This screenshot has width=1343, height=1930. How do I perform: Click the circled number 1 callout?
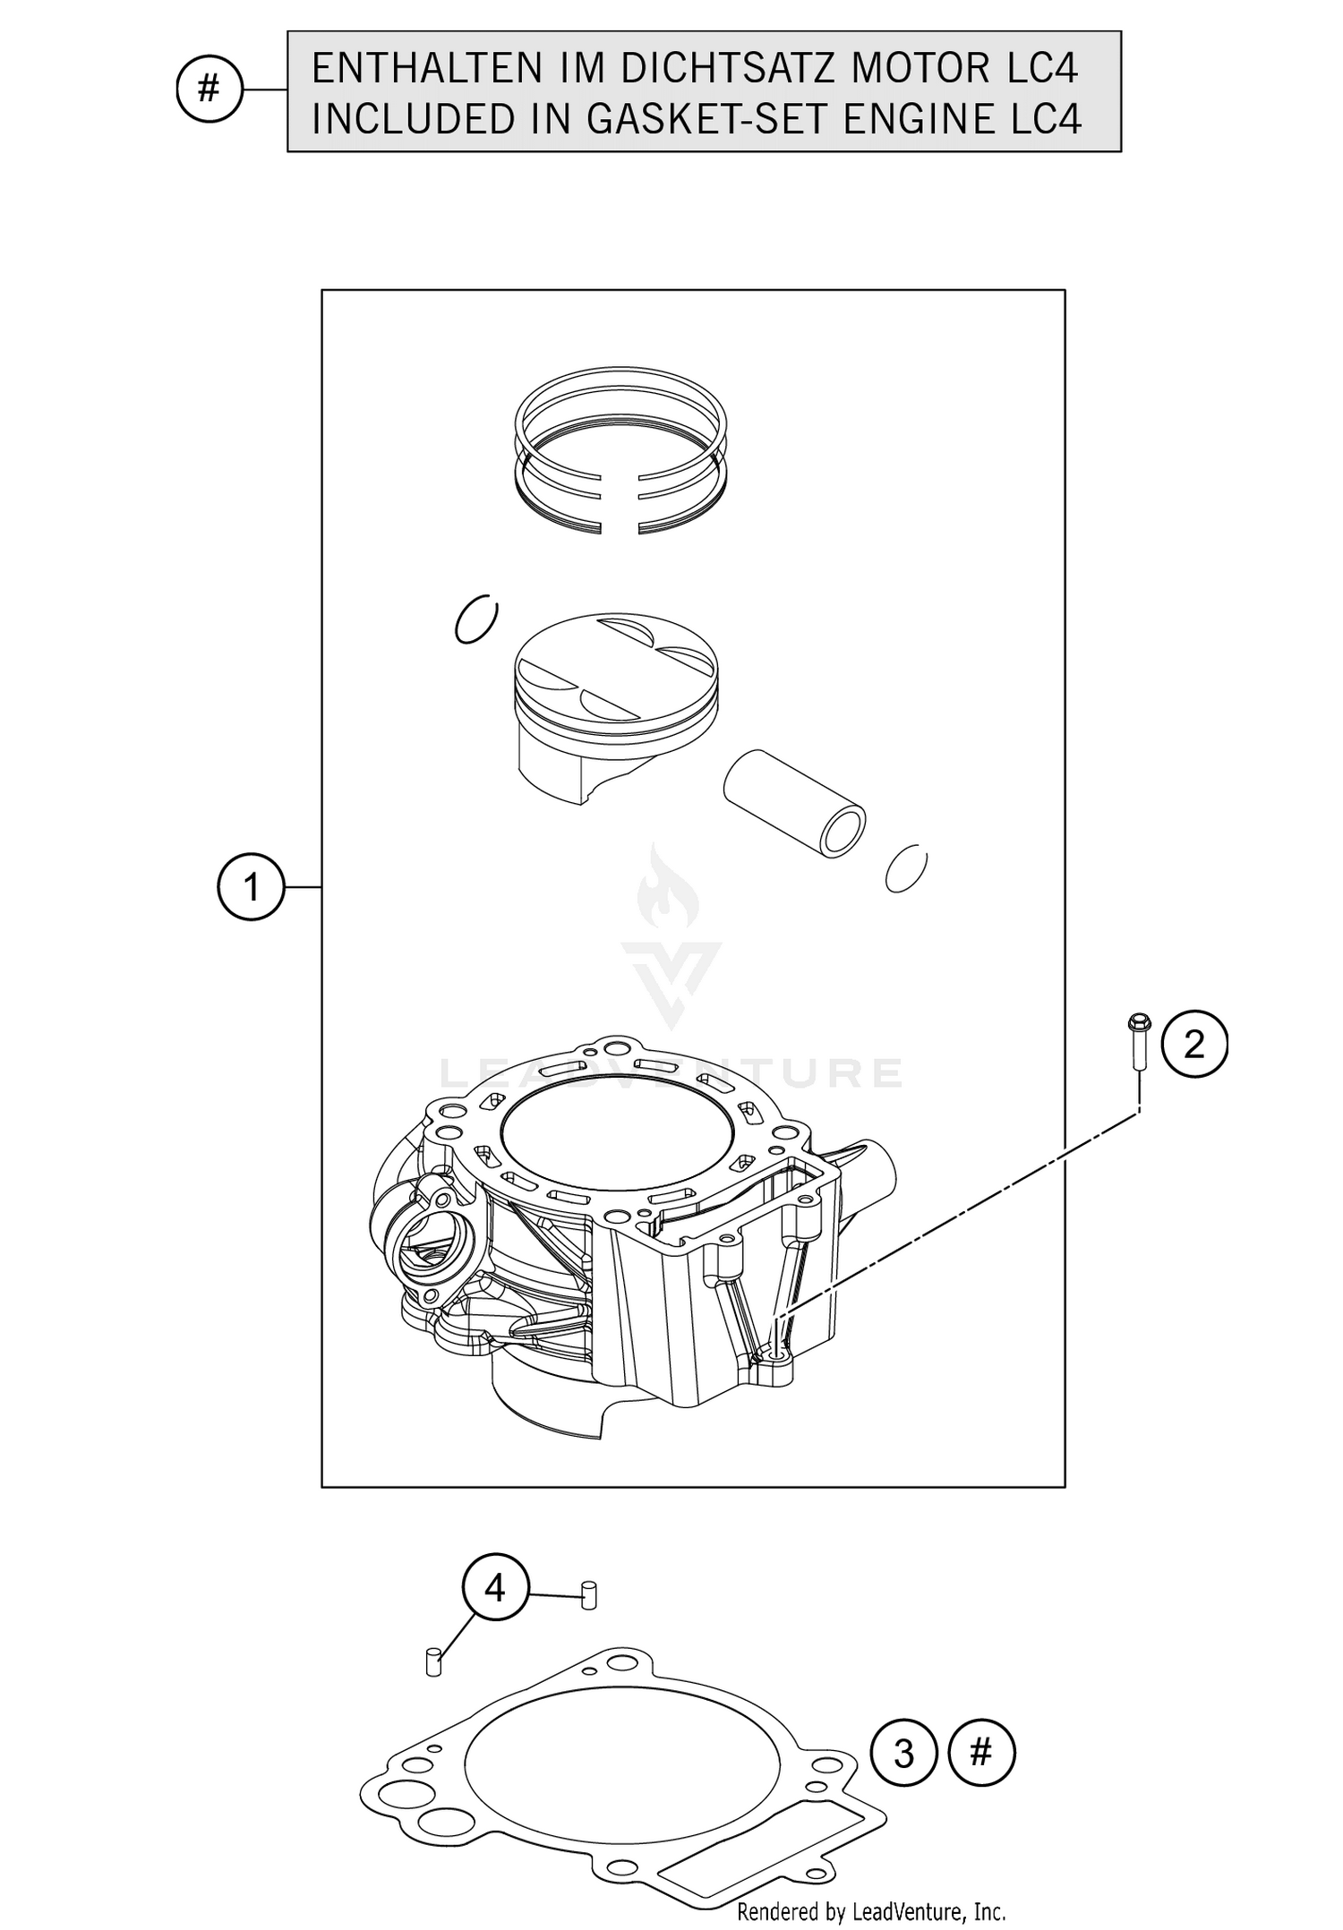click(x=251, y=887)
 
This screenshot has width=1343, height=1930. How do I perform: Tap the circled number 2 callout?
click(x=1194, y=1044)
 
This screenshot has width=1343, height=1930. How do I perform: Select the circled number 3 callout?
click(x=904, y=1752)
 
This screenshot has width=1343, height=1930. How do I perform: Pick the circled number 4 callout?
click(x=495, y=1588)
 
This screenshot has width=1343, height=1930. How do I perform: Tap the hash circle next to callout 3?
click(x=981, y=1752)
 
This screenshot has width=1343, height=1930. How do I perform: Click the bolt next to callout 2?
click(x=1139, y=1040)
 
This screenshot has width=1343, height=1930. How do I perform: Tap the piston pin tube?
click(x=793, y=803)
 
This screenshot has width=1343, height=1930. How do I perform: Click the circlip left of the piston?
click(x=476, y=619)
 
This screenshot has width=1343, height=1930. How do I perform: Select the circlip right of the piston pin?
click(x=906, y=868)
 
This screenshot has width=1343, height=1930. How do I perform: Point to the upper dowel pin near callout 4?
click(x=588, y=1595)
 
